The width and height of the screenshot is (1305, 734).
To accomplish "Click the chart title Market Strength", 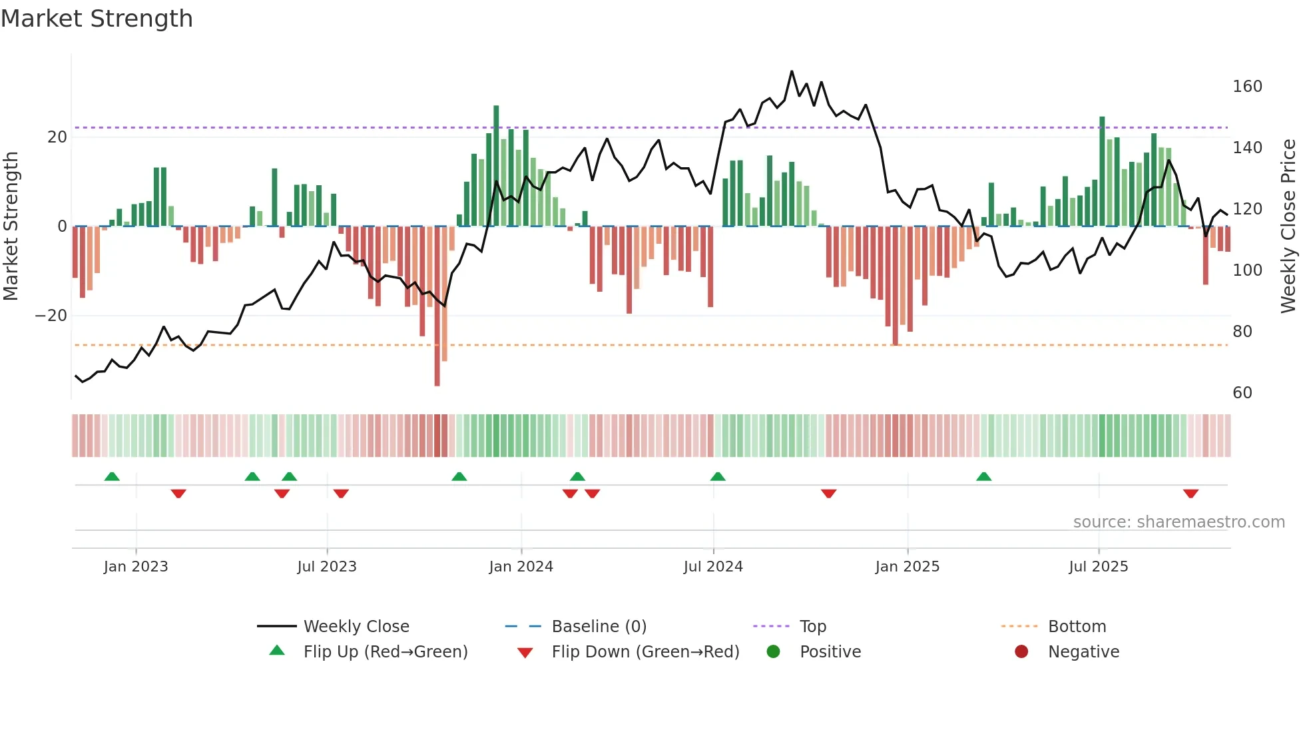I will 97,19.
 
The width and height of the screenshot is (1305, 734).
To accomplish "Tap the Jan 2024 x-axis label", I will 521,567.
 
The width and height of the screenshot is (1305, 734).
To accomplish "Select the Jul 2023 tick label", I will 327,567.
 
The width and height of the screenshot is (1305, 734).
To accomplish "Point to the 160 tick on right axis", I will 1247,87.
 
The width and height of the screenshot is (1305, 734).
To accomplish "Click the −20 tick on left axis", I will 51,316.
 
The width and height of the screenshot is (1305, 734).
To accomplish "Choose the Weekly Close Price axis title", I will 1288,226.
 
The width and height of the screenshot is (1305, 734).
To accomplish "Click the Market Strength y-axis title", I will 11,226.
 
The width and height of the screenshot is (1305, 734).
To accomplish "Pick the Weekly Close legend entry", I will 356,627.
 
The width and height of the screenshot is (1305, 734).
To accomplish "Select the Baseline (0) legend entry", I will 599,627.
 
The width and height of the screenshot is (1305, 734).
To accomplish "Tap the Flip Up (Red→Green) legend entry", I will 385,652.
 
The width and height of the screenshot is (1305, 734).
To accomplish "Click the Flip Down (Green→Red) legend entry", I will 645,652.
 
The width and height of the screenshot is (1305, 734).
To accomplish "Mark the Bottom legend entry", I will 1077,627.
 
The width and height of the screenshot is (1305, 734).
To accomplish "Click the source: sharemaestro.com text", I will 1178,522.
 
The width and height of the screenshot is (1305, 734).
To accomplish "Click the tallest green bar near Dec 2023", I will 496,167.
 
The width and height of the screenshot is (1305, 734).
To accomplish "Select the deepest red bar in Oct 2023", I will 437,306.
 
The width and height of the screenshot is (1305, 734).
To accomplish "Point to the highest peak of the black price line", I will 792,71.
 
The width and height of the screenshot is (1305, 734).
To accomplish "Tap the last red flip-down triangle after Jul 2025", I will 1190,494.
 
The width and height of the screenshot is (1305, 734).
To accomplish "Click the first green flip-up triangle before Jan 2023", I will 112,476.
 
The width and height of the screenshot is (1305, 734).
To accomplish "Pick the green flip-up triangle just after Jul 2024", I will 717,476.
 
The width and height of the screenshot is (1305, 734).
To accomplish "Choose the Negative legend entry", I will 1083,652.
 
